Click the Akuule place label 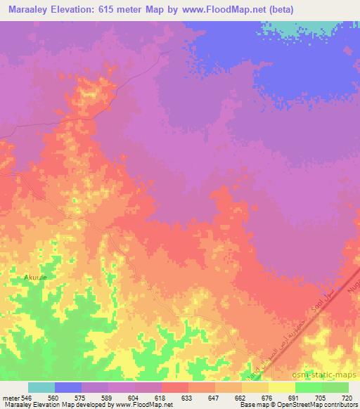coord(36,278)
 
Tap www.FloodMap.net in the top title coord(217,10)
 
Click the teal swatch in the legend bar coord(41,387)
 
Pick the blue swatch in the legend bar coord(68,387)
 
